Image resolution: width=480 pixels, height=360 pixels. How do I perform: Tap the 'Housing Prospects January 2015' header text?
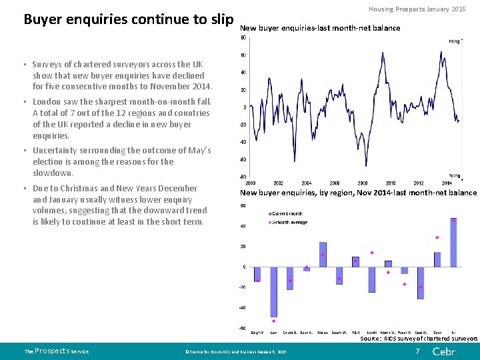(417, 9)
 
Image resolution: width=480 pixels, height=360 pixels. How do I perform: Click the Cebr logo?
(444, 351)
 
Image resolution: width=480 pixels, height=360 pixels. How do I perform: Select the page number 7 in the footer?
(417, 351)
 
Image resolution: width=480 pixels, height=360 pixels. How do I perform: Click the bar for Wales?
(323, 255)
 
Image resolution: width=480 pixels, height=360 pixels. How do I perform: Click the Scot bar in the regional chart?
(437, 259)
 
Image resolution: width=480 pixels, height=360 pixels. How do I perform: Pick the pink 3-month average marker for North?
(372, 253)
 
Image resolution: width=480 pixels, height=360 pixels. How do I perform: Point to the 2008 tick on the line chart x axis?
(362, 183)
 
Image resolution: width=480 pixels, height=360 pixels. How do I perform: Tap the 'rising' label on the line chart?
(455, 41)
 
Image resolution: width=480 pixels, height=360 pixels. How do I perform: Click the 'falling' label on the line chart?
(454, 176)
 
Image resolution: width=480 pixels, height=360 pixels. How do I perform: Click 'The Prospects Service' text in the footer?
(56, 351)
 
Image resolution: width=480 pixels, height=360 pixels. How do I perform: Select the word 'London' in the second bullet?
(48, 102)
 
